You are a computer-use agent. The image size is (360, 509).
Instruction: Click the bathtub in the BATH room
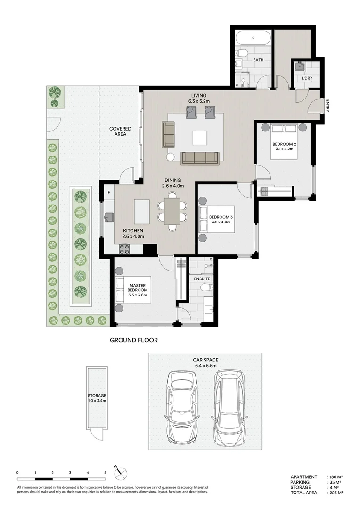(x=253, y=38)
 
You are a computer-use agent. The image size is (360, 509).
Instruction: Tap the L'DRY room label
(x=307, y=78)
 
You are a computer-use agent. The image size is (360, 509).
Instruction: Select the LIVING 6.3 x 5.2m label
(x=199, y=98)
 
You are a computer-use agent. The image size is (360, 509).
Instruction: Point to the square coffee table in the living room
(x=200, y=138)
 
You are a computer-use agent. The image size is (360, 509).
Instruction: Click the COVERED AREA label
(x=120, y=131)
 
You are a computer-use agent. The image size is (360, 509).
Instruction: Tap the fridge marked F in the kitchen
(x=109, y=192)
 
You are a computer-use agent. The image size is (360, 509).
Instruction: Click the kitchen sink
(x=109, y=217)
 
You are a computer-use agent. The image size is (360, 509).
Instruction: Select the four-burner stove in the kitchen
(x=124, y=249)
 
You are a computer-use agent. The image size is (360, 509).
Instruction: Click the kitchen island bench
(x=142, y=212)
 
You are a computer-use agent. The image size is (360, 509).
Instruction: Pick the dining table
(x=172, y=211)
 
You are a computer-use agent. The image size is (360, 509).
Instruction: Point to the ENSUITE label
(x=202, y=279)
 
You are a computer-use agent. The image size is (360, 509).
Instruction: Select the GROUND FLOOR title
(x=134, y=340)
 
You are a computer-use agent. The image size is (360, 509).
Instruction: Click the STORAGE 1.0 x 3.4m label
(x=97, y=398)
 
